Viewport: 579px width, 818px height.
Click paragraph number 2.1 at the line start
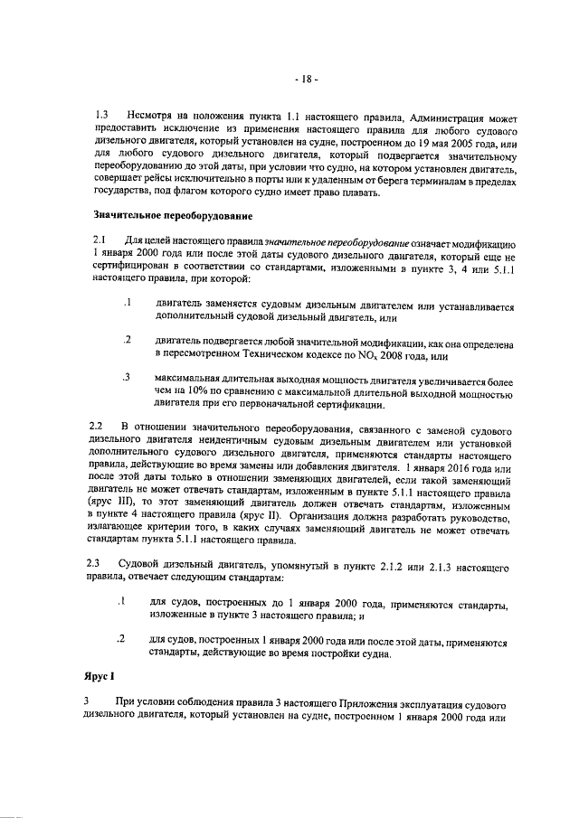pyautogui.click(x=101, y=239)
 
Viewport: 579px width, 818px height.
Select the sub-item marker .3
pyautogui.click(x=127, y=375)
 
